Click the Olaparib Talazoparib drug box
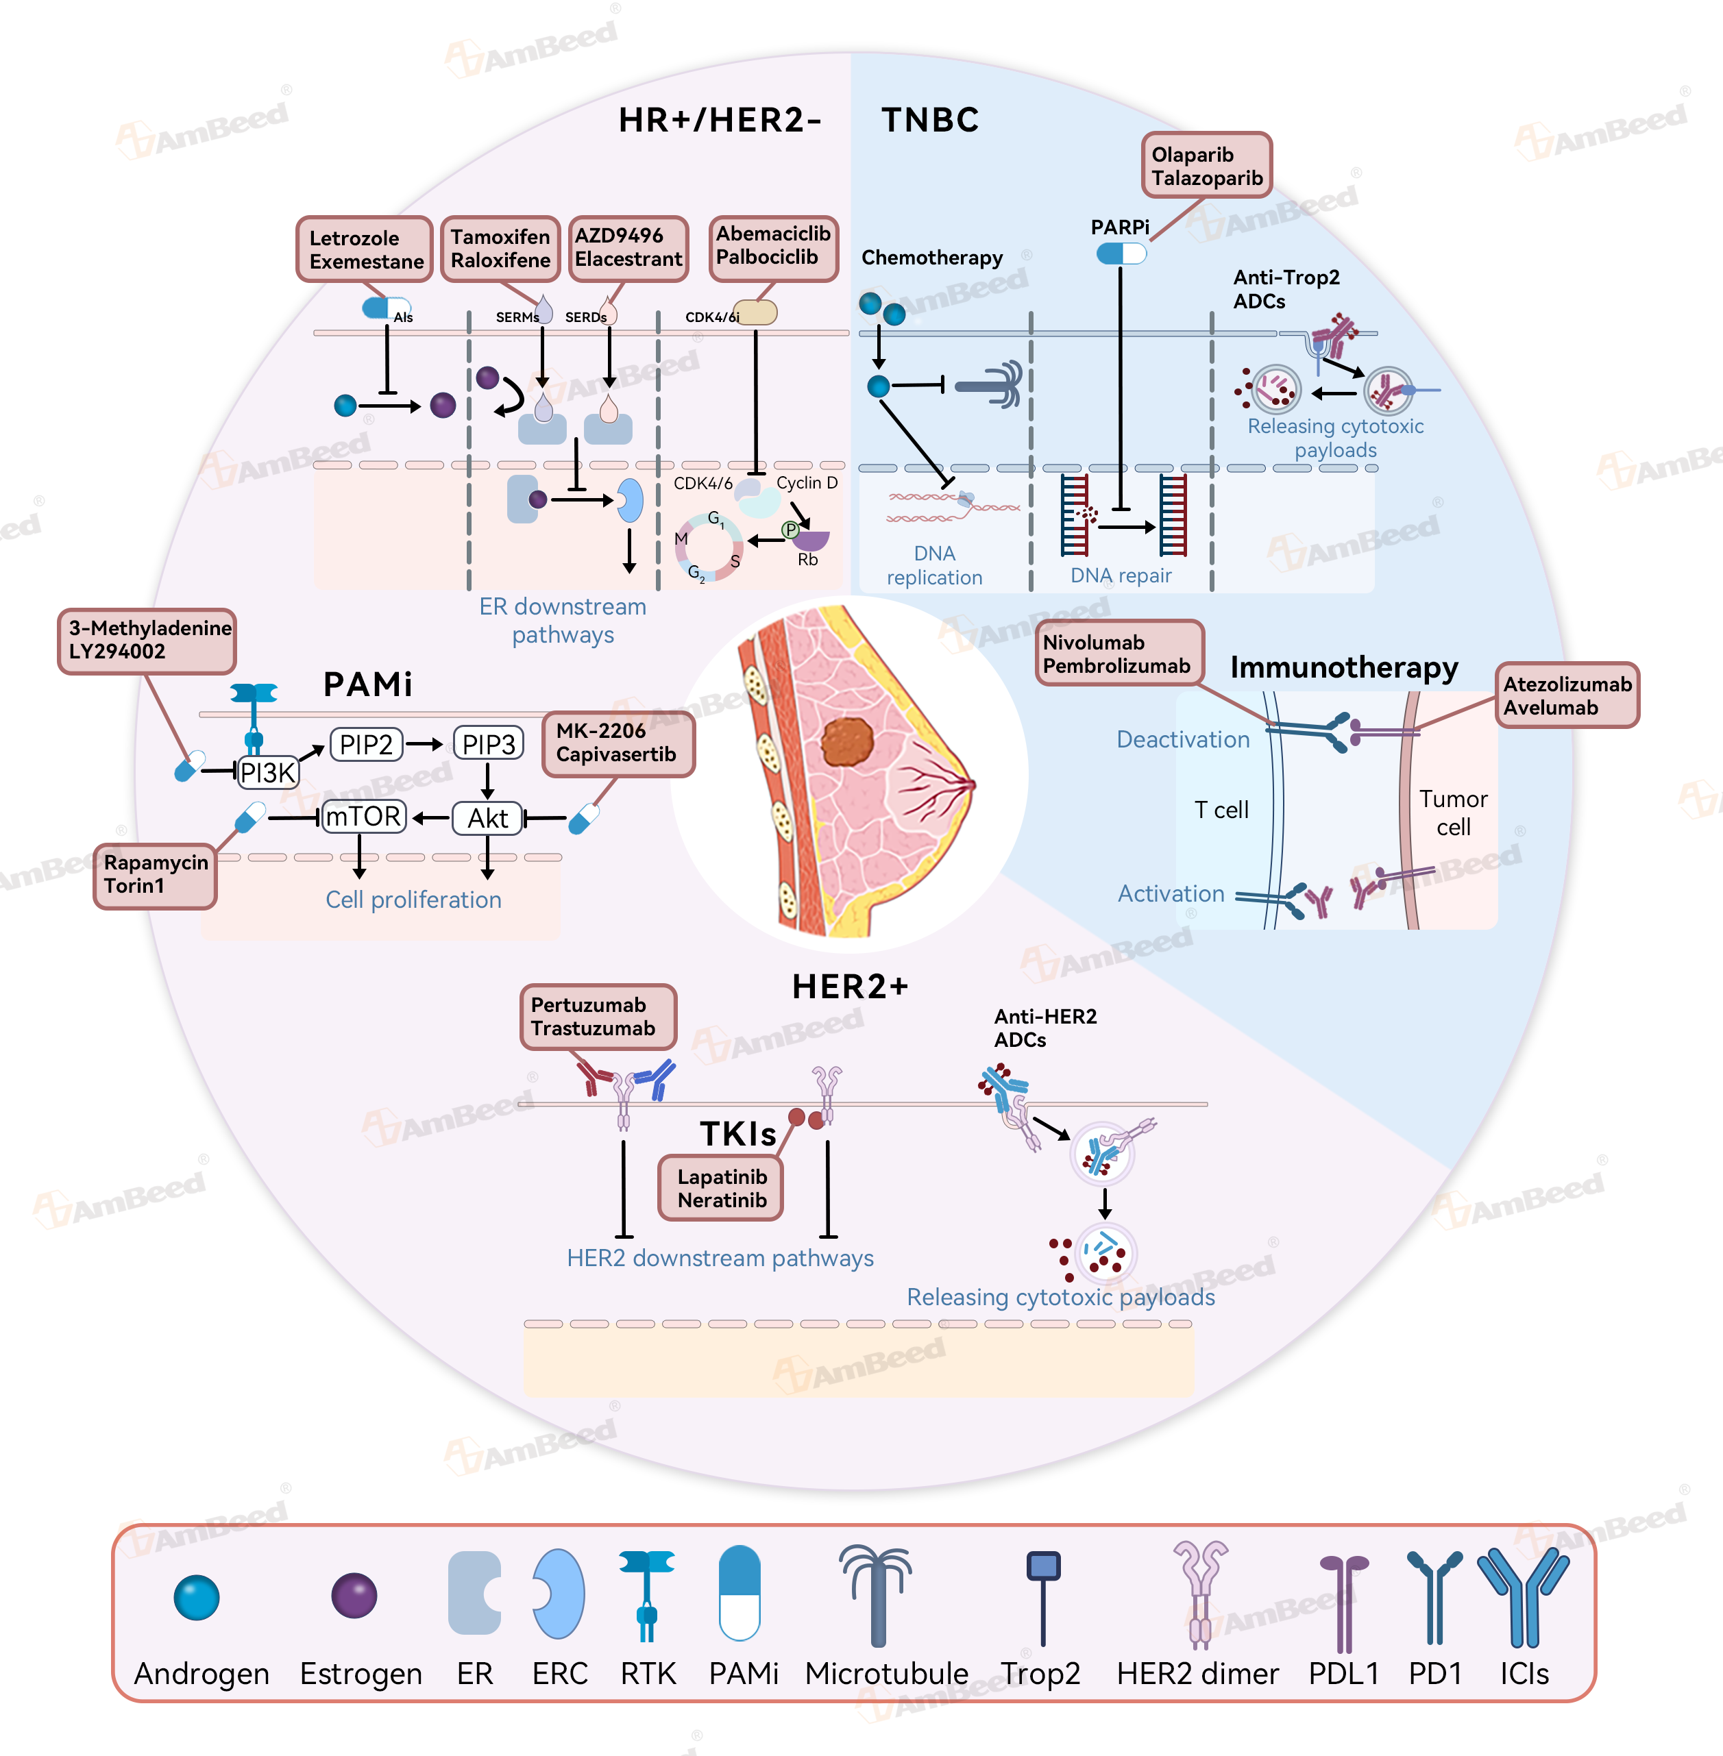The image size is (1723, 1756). [1206, 166]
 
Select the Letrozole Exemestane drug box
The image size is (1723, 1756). [365, 249]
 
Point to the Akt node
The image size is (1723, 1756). [488, 818]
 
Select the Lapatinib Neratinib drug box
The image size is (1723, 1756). [721, 1188]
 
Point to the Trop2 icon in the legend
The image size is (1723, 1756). [1042, 1597]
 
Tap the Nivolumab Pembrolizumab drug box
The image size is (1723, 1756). [1119, 653]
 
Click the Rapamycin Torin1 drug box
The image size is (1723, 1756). [156, 875]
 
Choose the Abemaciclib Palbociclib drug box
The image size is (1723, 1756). [773, 247]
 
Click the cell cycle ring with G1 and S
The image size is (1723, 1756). [709, 547]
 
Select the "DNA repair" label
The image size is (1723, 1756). [1121, 576]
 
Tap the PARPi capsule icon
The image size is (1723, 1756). [1121, 253]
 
